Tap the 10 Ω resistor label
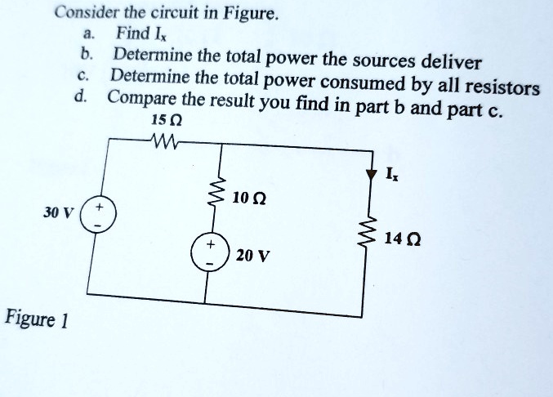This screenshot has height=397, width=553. pos(248,198)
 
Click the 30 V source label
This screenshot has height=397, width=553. pos(58,212)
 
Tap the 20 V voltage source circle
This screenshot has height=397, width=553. pos(207,254)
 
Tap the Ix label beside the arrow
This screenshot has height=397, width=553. pos(392,175)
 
